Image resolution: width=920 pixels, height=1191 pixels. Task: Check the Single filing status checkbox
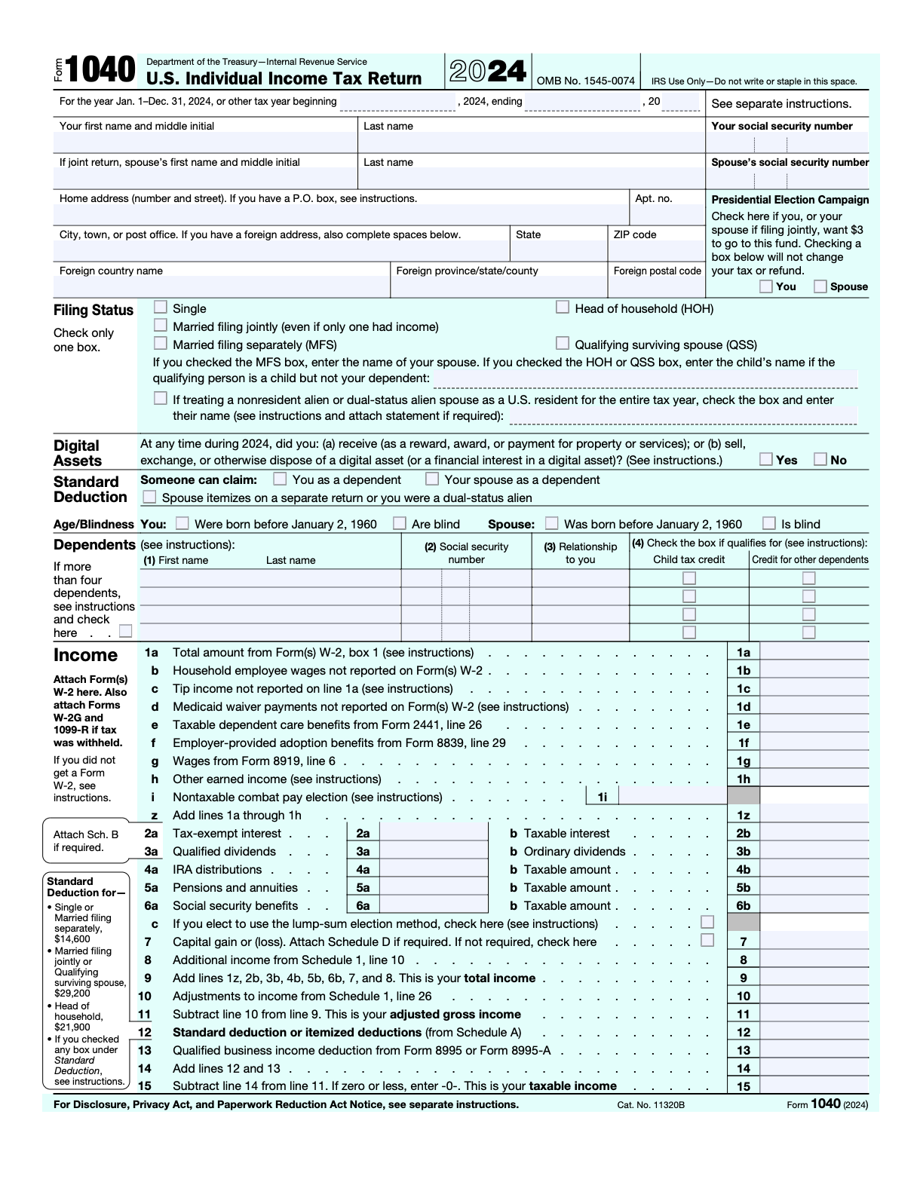point(160,307)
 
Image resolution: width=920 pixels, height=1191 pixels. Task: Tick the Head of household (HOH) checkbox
point(563,307)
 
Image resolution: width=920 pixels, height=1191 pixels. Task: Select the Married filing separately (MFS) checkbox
point(160,344)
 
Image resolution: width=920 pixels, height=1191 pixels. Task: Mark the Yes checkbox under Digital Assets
point(766,459)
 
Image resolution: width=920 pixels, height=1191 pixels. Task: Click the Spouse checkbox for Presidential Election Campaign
point(820,286)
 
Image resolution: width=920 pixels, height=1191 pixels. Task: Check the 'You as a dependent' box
point(280,479)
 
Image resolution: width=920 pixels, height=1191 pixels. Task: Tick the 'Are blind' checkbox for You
point(400,523)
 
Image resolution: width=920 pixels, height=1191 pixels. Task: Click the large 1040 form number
point(100,71)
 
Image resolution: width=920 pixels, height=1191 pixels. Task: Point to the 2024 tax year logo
point(488,72)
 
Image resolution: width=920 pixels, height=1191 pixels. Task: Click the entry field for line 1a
point(814,653)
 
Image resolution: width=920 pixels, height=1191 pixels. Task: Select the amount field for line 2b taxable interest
point(814,834)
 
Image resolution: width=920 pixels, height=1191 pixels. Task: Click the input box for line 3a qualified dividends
point(434,852)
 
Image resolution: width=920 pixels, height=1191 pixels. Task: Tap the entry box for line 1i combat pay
point(672,797)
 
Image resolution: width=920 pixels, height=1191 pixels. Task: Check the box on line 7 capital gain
point(707,940)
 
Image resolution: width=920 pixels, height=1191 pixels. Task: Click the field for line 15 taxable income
point(814,1086)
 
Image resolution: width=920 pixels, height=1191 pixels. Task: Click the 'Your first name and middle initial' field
point(204,142)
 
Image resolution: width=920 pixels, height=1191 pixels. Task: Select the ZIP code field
point(655,251)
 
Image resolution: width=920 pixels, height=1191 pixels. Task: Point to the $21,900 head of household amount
point(72,1027)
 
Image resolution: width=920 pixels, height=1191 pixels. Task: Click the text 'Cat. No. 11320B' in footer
point(651,1105)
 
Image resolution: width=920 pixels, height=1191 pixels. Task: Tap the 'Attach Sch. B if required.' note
point(86,840)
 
